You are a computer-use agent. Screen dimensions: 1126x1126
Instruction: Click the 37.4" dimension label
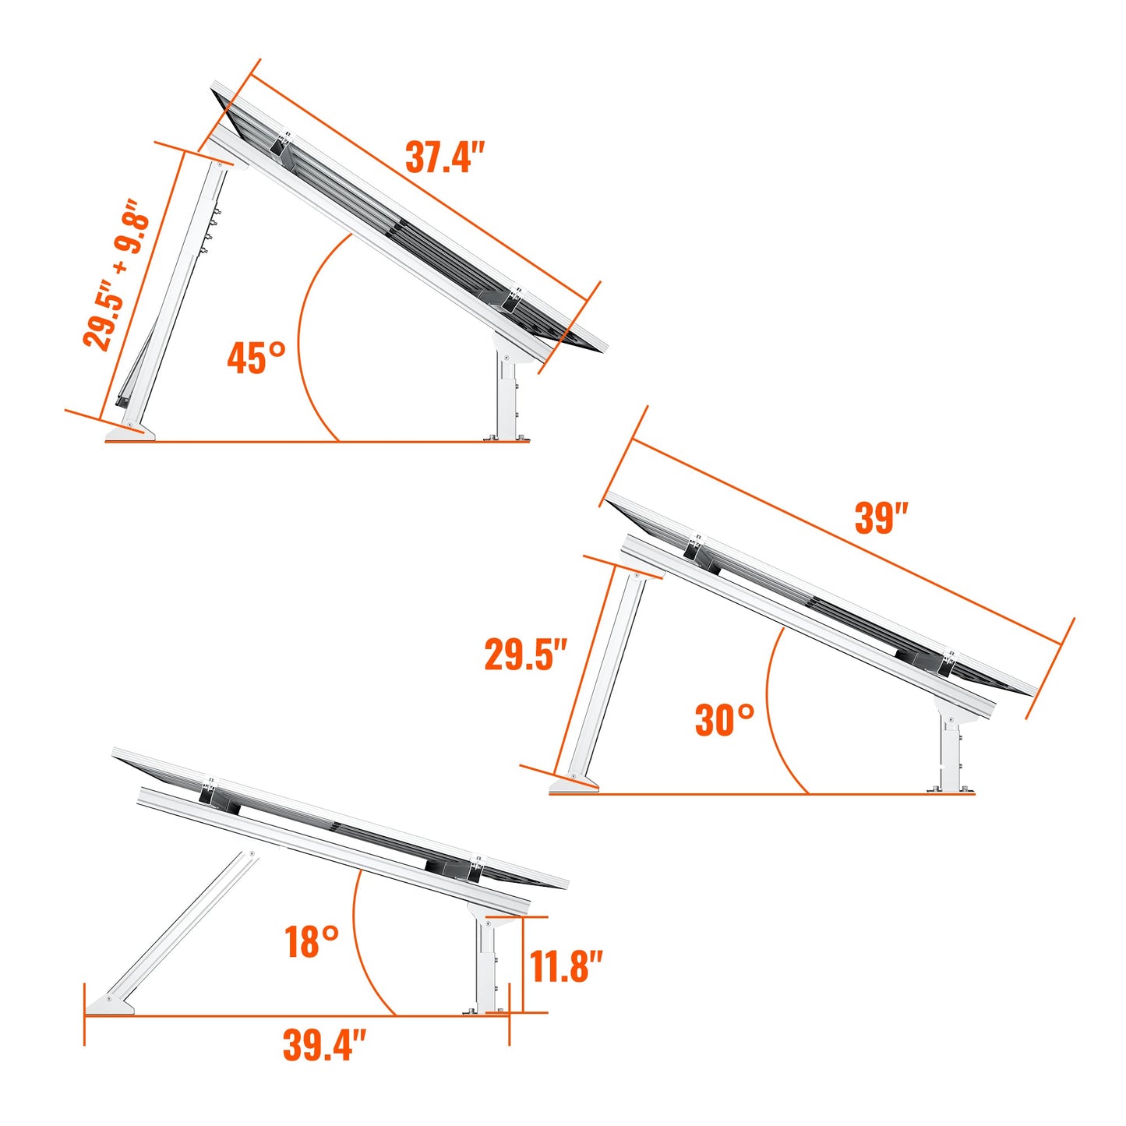(x=445, y=157)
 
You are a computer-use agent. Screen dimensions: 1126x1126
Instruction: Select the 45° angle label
(x=256, y=358)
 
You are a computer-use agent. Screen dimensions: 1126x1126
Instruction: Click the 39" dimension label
(x=881, y=517)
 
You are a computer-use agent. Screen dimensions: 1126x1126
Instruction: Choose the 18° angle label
(x=312, y=941)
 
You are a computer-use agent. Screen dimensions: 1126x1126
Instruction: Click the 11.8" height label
(x=567, y=966)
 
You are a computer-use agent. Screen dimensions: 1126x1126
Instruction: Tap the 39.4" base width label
(x=324, y=1045)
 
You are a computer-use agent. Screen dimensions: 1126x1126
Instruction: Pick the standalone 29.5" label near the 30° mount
(x=526, y=654)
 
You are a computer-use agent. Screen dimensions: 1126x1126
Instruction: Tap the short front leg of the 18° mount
(x=486, y=966)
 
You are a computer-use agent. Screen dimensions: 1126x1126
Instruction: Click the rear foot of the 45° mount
(x=130, y=432)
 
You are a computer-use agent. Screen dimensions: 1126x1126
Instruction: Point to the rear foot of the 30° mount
(x=574, y=783)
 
